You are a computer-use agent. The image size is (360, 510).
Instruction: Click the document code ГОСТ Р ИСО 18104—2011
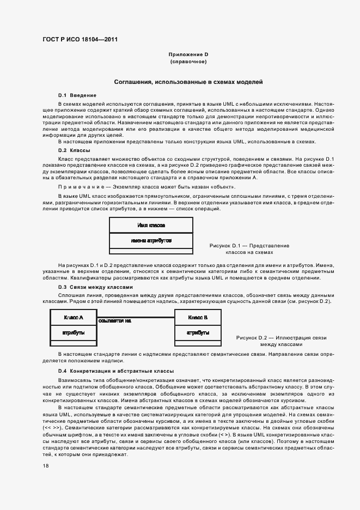click(79, 40)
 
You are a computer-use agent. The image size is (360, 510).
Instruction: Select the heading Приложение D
click(188, 54)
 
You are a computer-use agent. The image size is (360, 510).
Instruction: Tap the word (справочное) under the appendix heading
click(188, 62)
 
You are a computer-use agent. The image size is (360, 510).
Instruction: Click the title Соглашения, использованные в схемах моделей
click(188, 82)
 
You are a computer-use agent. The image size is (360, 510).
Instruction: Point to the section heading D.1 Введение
click(77, 95)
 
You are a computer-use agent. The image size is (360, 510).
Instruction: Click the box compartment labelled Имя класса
click(151, 225)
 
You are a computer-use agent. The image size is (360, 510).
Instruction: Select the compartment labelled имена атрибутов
click(151, 240)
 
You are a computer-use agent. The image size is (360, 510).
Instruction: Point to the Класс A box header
click(74, 317)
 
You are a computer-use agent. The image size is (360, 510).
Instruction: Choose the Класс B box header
click(198, 317)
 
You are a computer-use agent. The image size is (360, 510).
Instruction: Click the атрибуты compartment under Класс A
click(74, 332)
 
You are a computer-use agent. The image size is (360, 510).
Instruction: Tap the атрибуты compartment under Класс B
click(198, 332)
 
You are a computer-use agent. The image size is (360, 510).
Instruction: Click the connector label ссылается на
click(115, 321)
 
